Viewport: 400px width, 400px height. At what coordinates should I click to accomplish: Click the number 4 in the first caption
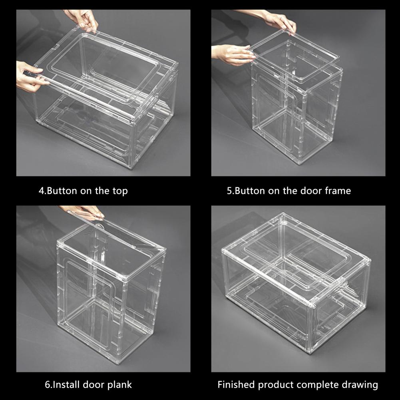[x=42, y=191]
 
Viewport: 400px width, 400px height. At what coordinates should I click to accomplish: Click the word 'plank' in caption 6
[x=119, y=385]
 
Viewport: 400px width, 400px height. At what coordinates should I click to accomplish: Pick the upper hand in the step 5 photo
[x=273, y=20]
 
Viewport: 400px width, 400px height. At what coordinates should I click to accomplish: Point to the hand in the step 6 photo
[x=84, y=212]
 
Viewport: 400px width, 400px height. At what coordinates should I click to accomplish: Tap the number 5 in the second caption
[x=229, y=191]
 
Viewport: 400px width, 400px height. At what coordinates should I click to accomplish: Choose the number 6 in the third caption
[x=48, y=385]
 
